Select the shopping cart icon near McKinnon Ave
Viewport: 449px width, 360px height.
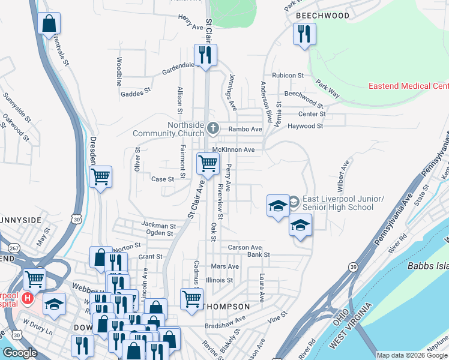click(x=208, y=163)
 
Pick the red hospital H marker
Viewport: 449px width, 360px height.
click(x=27, y=298)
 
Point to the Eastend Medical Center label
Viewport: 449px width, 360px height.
click(x=408, y=86)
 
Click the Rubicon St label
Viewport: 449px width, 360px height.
click(x=288, y=76)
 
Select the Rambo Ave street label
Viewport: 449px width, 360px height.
click(x=248, y=129)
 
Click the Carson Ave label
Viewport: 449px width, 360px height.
click(x=245, y=247)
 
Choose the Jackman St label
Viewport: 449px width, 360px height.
click(x=158, y=225)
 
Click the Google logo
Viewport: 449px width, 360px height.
click(x=20, y=353)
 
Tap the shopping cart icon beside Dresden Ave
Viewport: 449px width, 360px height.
click(x=100, y=176)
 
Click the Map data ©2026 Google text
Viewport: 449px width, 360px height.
click(x=411, y=355)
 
